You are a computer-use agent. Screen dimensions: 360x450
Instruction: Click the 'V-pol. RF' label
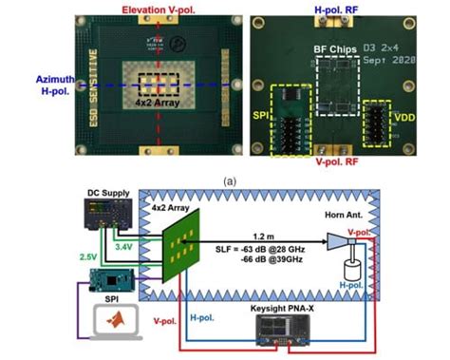(x=333, y=162)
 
